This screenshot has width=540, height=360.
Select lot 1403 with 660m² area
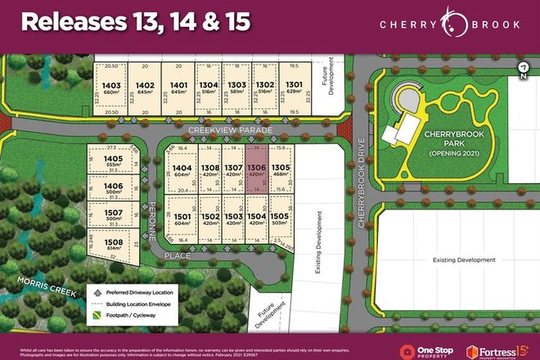click(112, 87)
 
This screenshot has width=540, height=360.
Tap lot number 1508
click(114, 244)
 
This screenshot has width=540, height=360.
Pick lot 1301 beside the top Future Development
click(293, 87)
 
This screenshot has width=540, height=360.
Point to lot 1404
click(182, 170)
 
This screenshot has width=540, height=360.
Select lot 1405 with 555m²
click(114, 161)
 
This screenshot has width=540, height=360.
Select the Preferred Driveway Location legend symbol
click(97, 290)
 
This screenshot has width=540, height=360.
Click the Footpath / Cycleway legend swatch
click(97, 313)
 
